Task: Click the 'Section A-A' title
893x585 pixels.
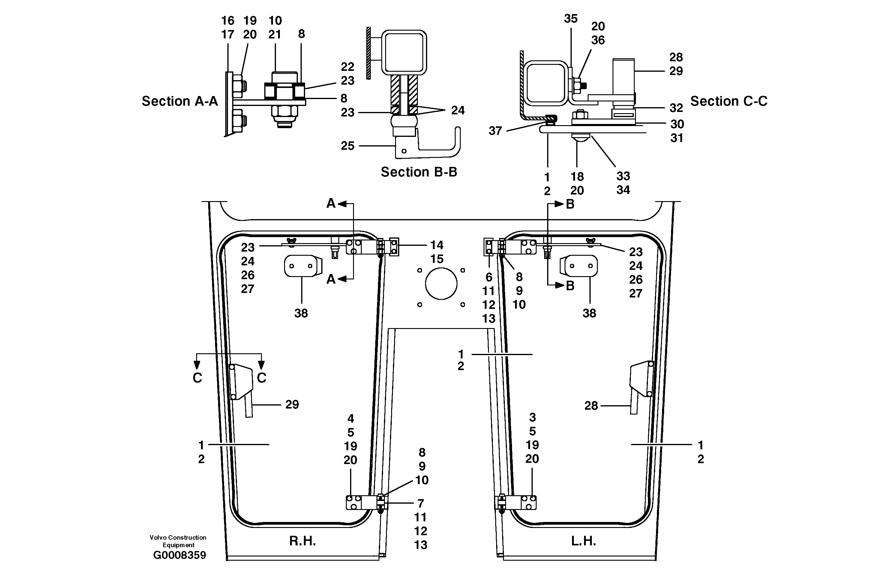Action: (179, 101)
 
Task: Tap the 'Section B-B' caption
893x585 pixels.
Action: (419, 172)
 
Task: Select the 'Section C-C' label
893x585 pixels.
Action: (729, 101)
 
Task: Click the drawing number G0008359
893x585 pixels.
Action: (179, 555)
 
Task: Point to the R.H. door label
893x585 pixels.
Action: (302, 541)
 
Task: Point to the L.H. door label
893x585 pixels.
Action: (583, 541)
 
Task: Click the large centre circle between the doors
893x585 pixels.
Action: (441, 283)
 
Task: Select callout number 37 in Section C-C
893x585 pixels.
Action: (495, 131)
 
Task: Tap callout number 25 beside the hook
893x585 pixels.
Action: (347, 146)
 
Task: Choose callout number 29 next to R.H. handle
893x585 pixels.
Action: (292, 404)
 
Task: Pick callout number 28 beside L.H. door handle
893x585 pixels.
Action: (591, 406)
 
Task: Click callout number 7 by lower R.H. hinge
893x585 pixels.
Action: (421, 503)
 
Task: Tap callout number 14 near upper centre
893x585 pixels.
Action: (436, 245)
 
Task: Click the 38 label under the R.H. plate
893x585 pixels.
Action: (301, 313)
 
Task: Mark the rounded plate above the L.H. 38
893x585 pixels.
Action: (580, 266)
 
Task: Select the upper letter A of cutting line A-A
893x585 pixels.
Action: (331, 204)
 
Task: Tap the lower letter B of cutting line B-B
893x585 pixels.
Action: (570, 286)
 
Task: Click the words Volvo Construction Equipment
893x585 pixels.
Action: (178, 541)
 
